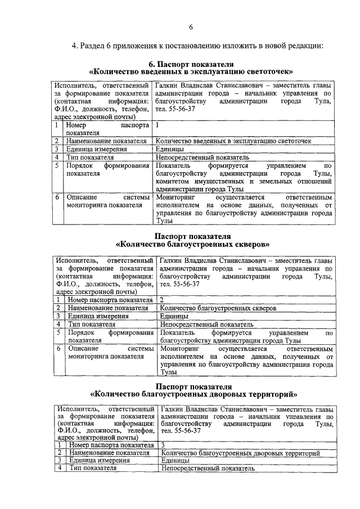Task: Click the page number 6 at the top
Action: coord(191,27)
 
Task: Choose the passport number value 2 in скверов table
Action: coord(162,300)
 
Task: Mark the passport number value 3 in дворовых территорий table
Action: coord(163,444)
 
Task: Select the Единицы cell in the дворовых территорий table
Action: coord(174,460)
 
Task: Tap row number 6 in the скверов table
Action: coord(58,349)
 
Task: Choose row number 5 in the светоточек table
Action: coord(57,166)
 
